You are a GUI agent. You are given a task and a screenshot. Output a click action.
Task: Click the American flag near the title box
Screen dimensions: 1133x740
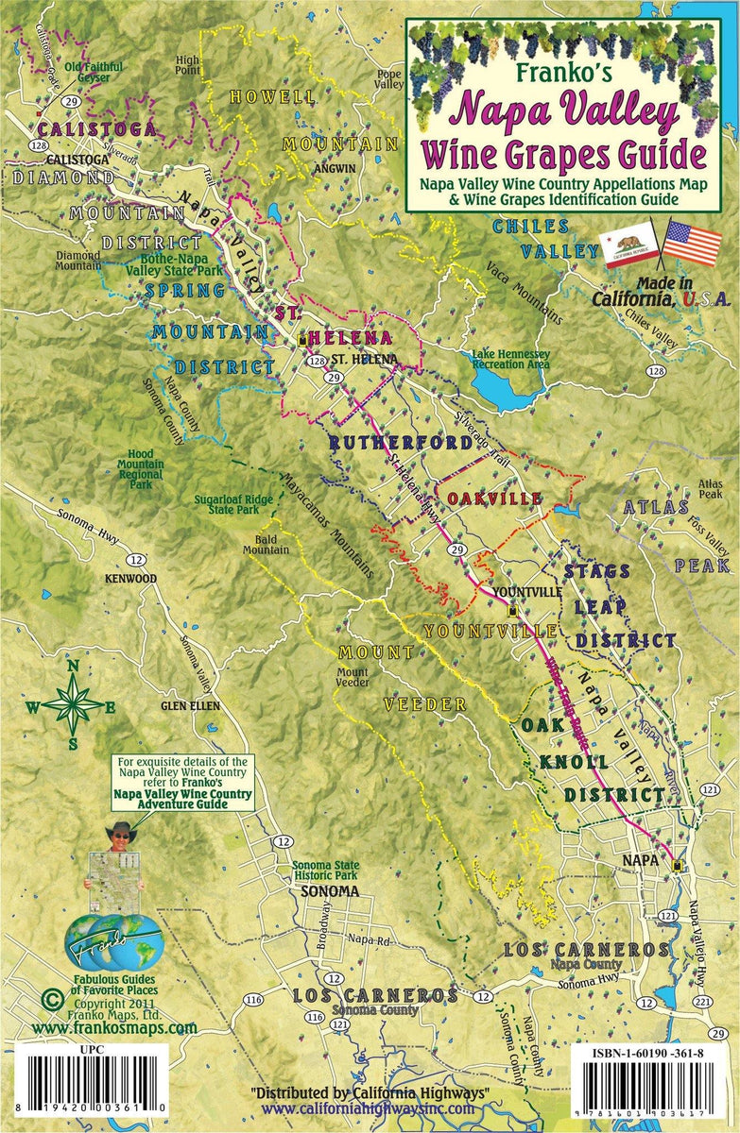coord(692,244)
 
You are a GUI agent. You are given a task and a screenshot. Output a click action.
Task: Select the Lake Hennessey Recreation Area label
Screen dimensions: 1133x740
coord(510,359)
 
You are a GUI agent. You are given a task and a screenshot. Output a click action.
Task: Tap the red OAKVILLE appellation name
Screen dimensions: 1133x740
coord(494,498)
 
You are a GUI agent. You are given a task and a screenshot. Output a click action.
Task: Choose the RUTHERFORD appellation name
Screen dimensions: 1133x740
coord(400,442)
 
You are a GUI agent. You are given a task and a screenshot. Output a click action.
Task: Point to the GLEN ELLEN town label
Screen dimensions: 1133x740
coord(190,705)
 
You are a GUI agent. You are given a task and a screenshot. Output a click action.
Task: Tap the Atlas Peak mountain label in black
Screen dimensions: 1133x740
coord(710,488)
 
